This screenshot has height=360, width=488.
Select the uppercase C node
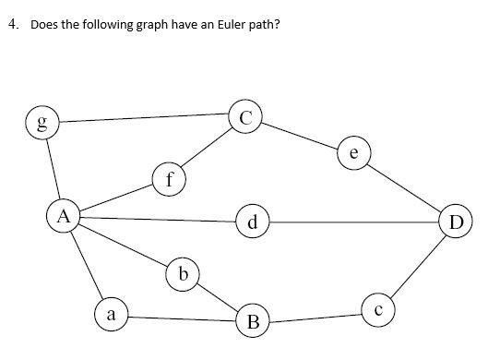244,118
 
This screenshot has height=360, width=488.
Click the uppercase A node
63,217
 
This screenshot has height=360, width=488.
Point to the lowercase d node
252,222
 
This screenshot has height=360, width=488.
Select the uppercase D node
456,222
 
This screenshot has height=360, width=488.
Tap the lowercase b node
184,274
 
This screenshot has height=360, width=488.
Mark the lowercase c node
377,309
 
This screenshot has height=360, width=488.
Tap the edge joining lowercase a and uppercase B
181,319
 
